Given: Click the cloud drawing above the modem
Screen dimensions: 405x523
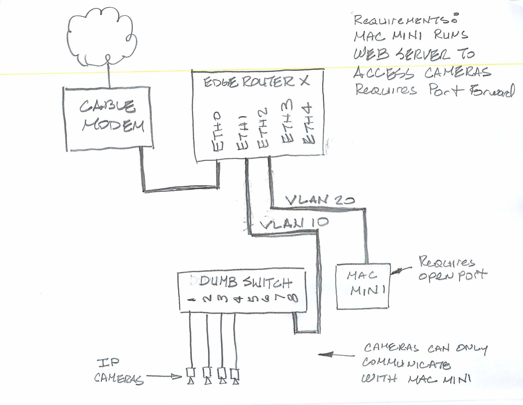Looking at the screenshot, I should pyautogui.click(x=102, y=37).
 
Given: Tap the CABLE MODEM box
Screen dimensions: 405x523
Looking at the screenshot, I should pyautogui.click(x=108, y=119).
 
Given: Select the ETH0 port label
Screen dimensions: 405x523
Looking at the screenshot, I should pyautogui.click(x=218, y=132).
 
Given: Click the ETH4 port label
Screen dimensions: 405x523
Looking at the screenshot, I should pyautogui.click(x=309, y=125).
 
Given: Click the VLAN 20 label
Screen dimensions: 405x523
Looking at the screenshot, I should pyautogui.click(x=319, y=200).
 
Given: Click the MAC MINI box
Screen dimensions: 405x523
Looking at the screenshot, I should pyautogui.click(x=363, y=286).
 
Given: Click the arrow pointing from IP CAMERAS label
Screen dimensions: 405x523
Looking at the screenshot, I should pyautogui.click(x=163, y=376).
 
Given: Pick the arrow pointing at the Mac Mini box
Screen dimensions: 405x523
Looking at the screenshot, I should pyautogui.click(x=401, y=271).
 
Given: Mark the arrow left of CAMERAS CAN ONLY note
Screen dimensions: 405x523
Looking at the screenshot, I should pyautogui.click(x=336, y=355).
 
